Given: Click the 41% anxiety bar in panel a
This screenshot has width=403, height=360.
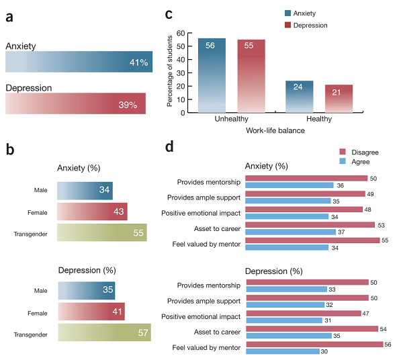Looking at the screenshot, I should [x=79, y=62].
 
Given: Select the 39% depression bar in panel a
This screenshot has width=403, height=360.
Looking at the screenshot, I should [x=75, y=103].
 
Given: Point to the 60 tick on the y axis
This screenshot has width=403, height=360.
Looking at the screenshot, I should [x=180, y=33].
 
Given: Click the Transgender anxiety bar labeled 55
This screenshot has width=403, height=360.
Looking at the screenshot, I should [x=102, y=232].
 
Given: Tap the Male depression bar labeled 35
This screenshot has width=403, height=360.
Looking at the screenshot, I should [x=87, y=290].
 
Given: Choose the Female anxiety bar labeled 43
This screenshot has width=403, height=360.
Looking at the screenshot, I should [x=93, y=212].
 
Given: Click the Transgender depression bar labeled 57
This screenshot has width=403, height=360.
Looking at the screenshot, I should [x=104, y=332].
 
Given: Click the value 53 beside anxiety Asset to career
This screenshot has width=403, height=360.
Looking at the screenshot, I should [x=382, y=225].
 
